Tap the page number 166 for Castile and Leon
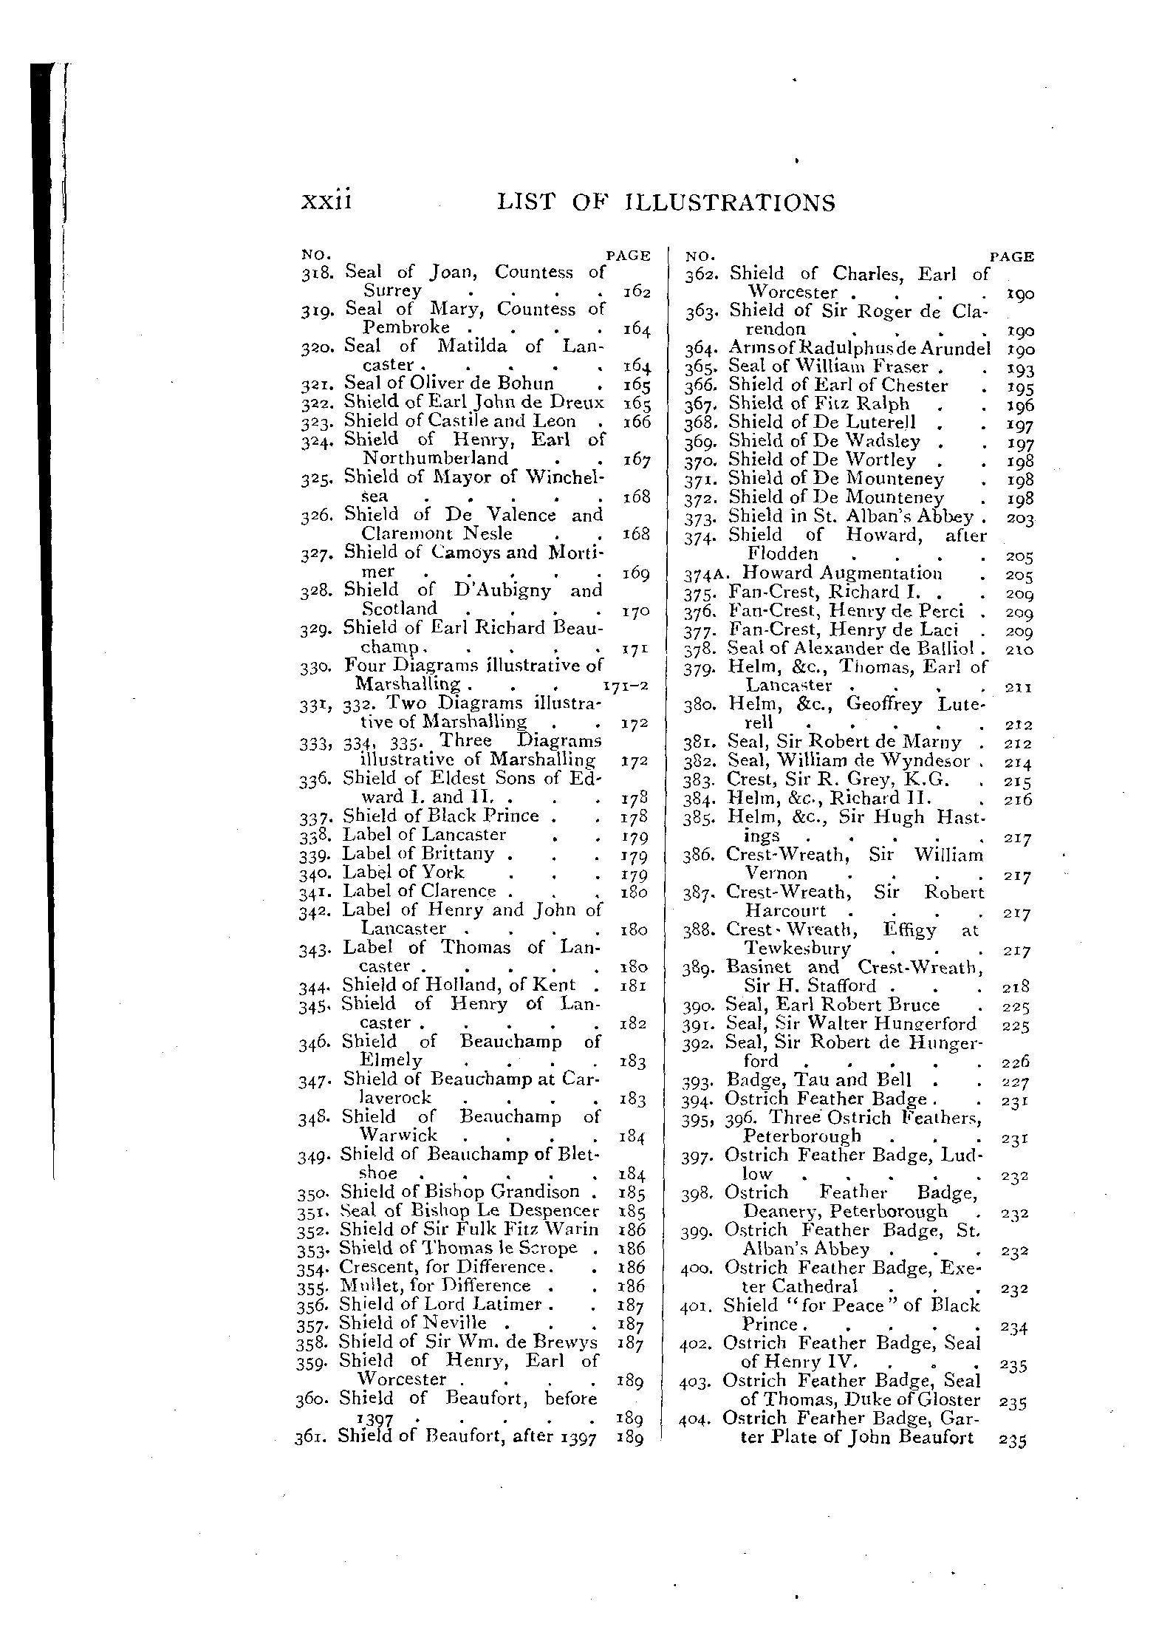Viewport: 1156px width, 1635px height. (x=636, y=422)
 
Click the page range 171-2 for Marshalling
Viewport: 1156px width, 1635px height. (x=626, y=685)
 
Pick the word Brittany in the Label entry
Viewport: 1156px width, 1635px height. (x=457, y=853)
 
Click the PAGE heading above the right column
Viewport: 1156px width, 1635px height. (x=1011, y=257)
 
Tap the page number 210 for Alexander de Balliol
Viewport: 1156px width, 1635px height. (x=1019, y=650)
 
